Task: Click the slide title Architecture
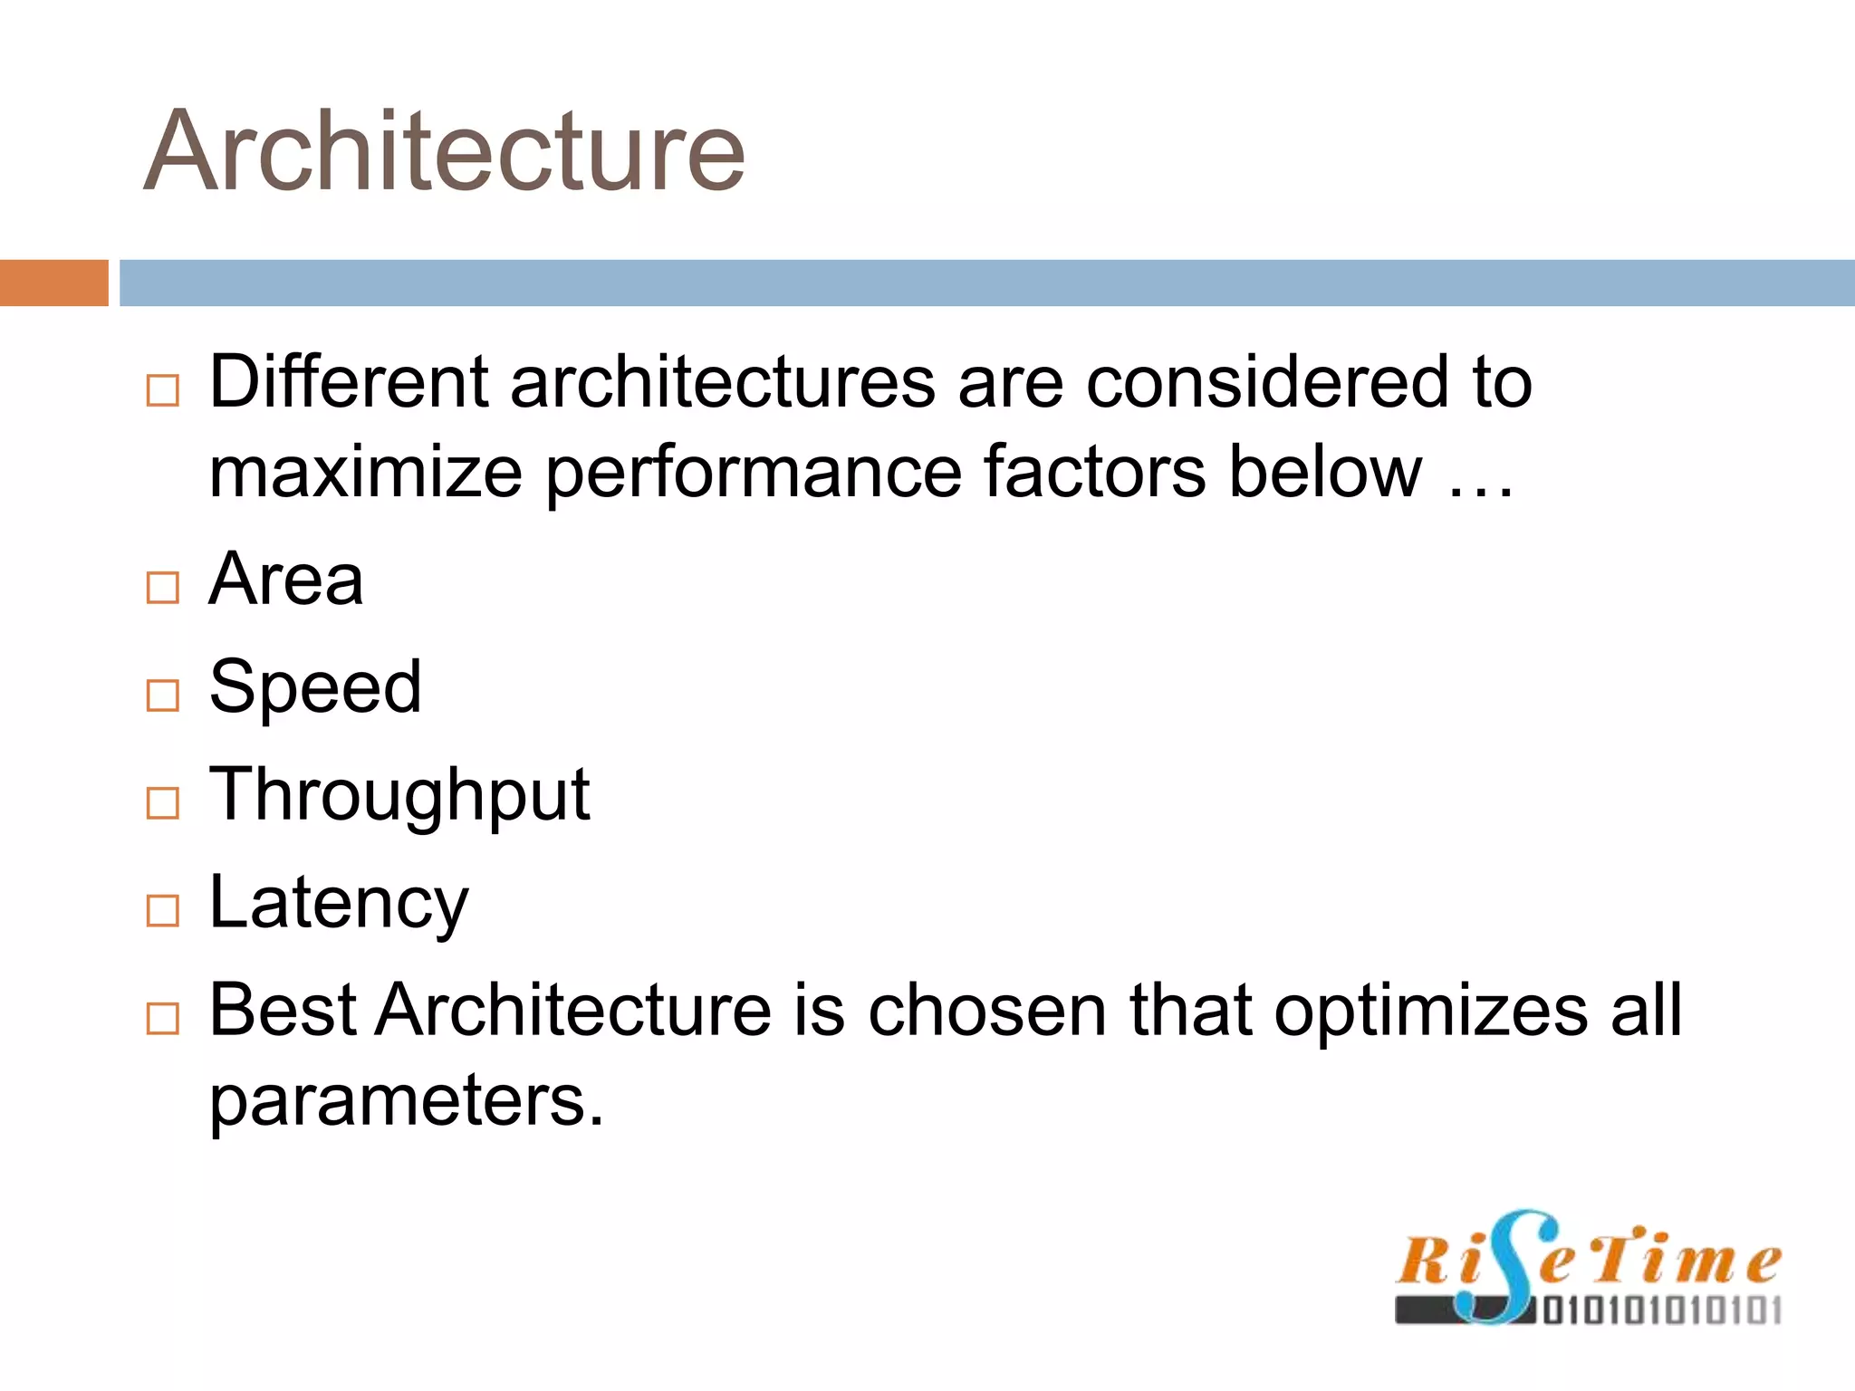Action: click(x=444, y=151)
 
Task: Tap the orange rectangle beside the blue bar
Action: click(x=53, y=283)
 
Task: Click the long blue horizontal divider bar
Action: click(x=986, y=283)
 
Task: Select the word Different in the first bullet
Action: click(x=349, y=382)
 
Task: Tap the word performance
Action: click(x=754, y=473)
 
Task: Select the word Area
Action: click(x=286, y=580)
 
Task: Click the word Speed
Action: click(x=315, y=687)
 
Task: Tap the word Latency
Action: click(x=339, y=903)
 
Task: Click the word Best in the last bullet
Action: click(x=283, y=1010)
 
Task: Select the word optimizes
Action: click(x=1430, y=1010)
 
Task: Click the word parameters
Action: click(x=406, y=1101)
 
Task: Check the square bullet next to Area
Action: click(x=163, y=588)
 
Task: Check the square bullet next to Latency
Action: click(x=163, y=910)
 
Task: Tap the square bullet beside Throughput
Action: click(x=163, y=802)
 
